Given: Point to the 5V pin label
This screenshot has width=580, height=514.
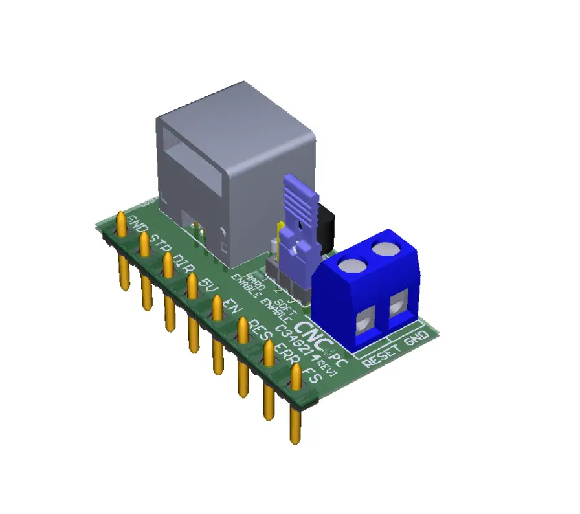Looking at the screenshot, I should tap(207, 284).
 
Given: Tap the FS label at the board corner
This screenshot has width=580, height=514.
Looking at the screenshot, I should tap(312, 375).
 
